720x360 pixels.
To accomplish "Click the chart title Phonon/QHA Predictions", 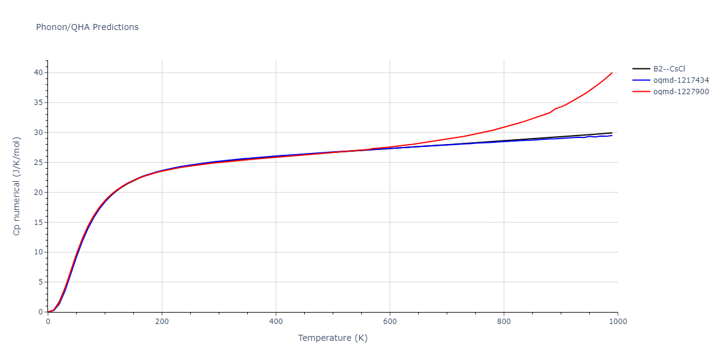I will (x=87, y=27).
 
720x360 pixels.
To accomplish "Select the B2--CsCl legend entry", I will (x=669, y=69).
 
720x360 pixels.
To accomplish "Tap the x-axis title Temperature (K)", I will (x=332, y=338).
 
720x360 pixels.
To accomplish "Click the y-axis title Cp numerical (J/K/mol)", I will (x=17, y=186).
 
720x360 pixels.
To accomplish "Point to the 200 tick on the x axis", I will (x=161, y=322).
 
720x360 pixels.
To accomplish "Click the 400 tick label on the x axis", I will (x=275, y=322).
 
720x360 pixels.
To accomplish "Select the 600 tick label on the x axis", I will (x=389, y=322).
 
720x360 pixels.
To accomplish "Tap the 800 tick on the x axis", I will (x=503, y=322).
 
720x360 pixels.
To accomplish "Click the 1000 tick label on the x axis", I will (x=617, y=322).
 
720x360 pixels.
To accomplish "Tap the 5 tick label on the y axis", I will (x=40, y=282).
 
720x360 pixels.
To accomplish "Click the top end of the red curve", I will (x=612, y=73).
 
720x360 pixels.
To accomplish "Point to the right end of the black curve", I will (x=612, y=133).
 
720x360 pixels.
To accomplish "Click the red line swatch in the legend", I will (x=641, y=92).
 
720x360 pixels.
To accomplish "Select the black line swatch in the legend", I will (x=641, y=69).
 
